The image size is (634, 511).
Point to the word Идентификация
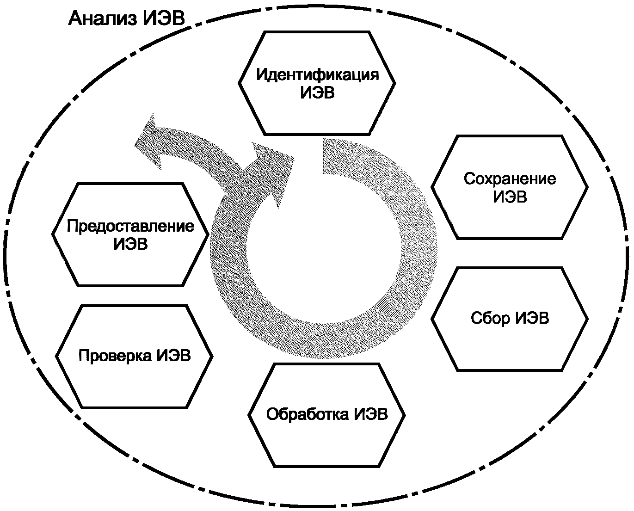point(317,74)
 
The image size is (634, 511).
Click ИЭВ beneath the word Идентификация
point(317,92)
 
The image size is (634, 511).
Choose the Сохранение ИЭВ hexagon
point(510,217)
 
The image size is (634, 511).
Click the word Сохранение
point(510,179)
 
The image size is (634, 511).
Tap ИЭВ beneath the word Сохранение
point(510,197)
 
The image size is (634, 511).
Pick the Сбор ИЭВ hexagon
point(510,347)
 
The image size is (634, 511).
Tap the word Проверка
point(116,356)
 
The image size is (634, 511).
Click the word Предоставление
point(130,227)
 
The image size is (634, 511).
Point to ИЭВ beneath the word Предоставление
point(130,244)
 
